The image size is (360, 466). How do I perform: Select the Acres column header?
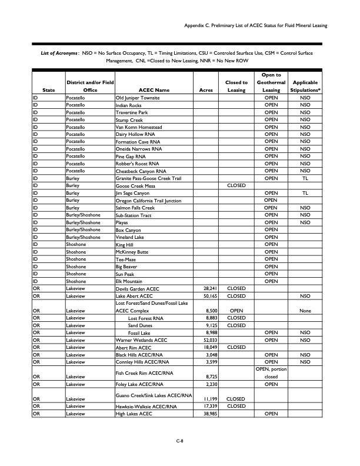(x=206, y=90)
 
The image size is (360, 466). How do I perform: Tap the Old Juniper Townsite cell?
(x=138, y=97)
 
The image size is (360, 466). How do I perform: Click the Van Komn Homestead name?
(x=139, y=127)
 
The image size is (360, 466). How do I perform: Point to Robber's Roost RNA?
(x=137, y=164)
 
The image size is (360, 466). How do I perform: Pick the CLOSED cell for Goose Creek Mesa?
(x=236, y=186)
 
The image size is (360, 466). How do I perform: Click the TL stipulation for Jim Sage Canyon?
(x=305, y=193)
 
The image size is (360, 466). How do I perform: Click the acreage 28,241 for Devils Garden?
(x=210, y=289)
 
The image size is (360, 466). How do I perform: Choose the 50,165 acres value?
(x=210, y=296)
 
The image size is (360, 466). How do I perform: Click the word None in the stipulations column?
(x=305, y=311)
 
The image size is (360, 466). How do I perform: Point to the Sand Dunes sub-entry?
(x=140, y=325)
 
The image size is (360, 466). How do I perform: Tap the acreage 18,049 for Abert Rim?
(x=210, y=347)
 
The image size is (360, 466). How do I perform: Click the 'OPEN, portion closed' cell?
(x=271, y=373)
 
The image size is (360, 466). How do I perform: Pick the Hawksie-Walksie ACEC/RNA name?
(x=146, y=406)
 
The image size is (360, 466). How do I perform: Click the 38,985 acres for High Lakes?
(x=210, y=414)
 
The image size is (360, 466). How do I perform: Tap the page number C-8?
(x=179, y=441)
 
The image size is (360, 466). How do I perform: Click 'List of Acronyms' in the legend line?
(x=61, y=53)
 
